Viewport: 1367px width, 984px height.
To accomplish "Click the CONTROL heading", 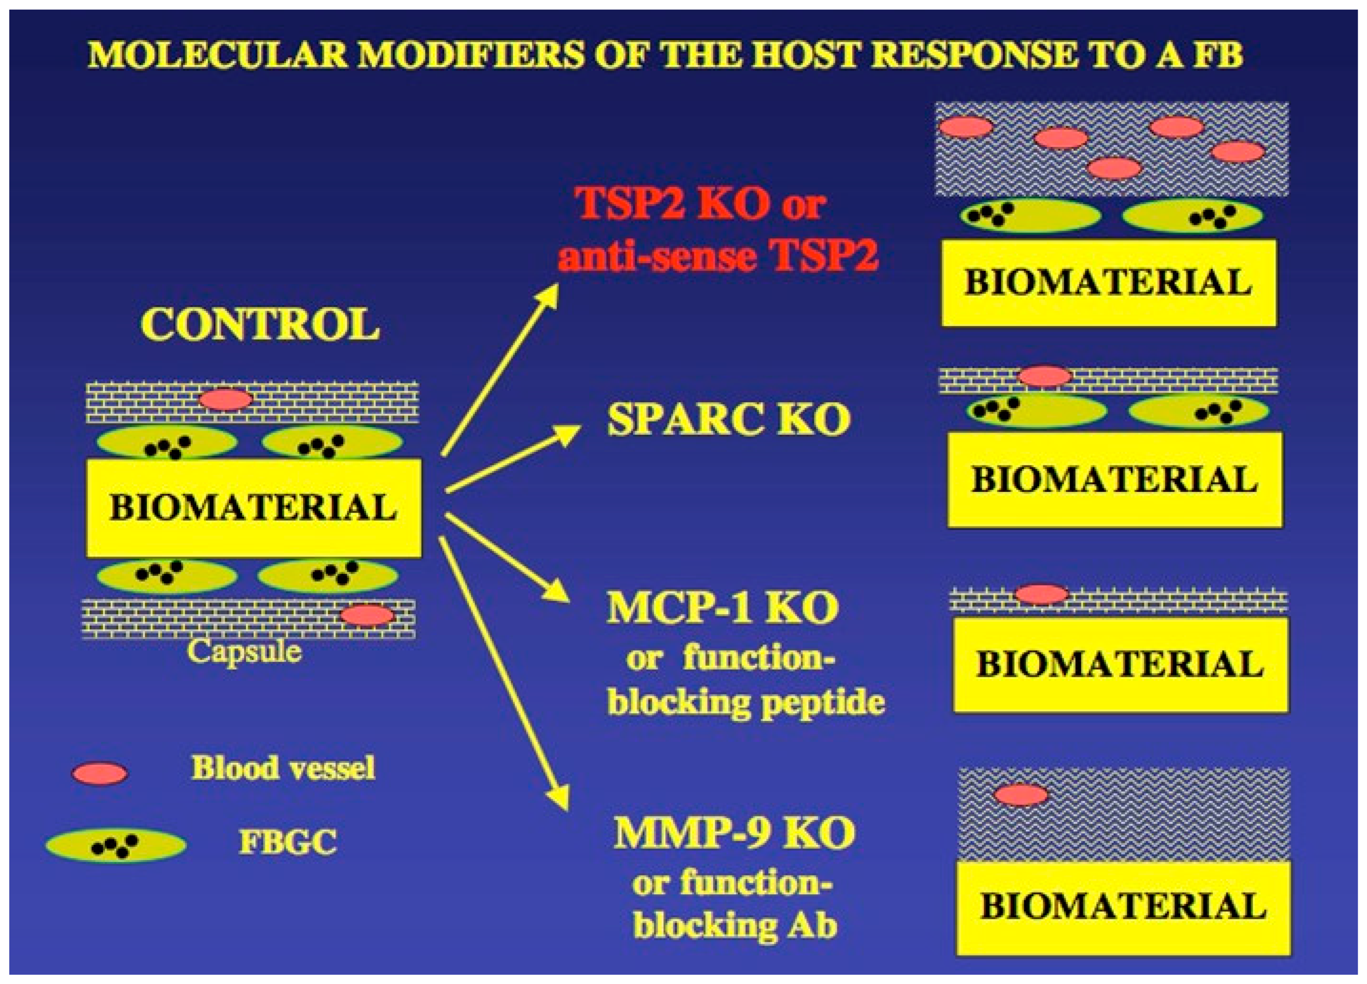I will point(260,325).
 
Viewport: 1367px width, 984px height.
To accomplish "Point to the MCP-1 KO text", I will point(722,609).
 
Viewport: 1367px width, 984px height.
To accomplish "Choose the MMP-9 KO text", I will point(734,834).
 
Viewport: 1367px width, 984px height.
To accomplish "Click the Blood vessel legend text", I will point(283,768).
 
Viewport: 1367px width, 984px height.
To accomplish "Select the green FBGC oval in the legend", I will point(116,845).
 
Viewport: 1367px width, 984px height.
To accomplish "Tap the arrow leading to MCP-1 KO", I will point(506,557).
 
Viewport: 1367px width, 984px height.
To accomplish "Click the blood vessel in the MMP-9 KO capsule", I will point(1021,795).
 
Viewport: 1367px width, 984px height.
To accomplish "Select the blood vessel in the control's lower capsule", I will point(367,615).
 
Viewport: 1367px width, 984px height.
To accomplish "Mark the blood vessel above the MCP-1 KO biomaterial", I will point(1041,594).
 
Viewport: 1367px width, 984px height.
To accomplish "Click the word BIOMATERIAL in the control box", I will point(253,507).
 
